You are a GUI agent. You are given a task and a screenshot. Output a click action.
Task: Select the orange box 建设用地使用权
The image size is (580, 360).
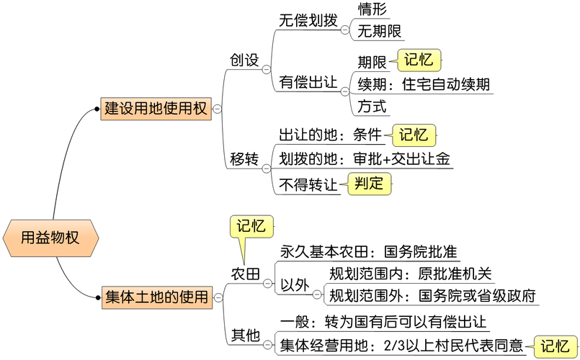155,109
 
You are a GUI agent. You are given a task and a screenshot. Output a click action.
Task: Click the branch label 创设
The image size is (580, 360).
244,60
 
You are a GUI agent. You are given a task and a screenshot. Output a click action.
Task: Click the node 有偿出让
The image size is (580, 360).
308,83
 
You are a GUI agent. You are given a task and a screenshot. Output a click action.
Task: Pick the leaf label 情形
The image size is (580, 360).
372,9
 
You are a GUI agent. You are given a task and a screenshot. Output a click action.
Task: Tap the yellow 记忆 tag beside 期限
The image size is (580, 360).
419,60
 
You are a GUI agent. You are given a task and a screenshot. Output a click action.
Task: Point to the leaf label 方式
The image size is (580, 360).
372,107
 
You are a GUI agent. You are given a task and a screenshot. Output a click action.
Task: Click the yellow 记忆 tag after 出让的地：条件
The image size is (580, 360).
414,135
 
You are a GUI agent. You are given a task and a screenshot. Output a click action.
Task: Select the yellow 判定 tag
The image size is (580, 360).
369,184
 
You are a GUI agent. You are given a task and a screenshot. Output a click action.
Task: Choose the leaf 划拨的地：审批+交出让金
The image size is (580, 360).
365,159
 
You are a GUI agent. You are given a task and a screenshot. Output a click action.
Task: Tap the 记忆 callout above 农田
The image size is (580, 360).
251,226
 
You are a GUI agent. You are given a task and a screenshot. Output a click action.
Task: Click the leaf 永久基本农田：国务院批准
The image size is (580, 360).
369,253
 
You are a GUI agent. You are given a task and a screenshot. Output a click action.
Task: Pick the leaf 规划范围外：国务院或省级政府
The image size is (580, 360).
432,296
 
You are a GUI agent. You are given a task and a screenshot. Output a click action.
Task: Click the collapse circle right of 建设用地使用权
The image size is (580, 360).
217,109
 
